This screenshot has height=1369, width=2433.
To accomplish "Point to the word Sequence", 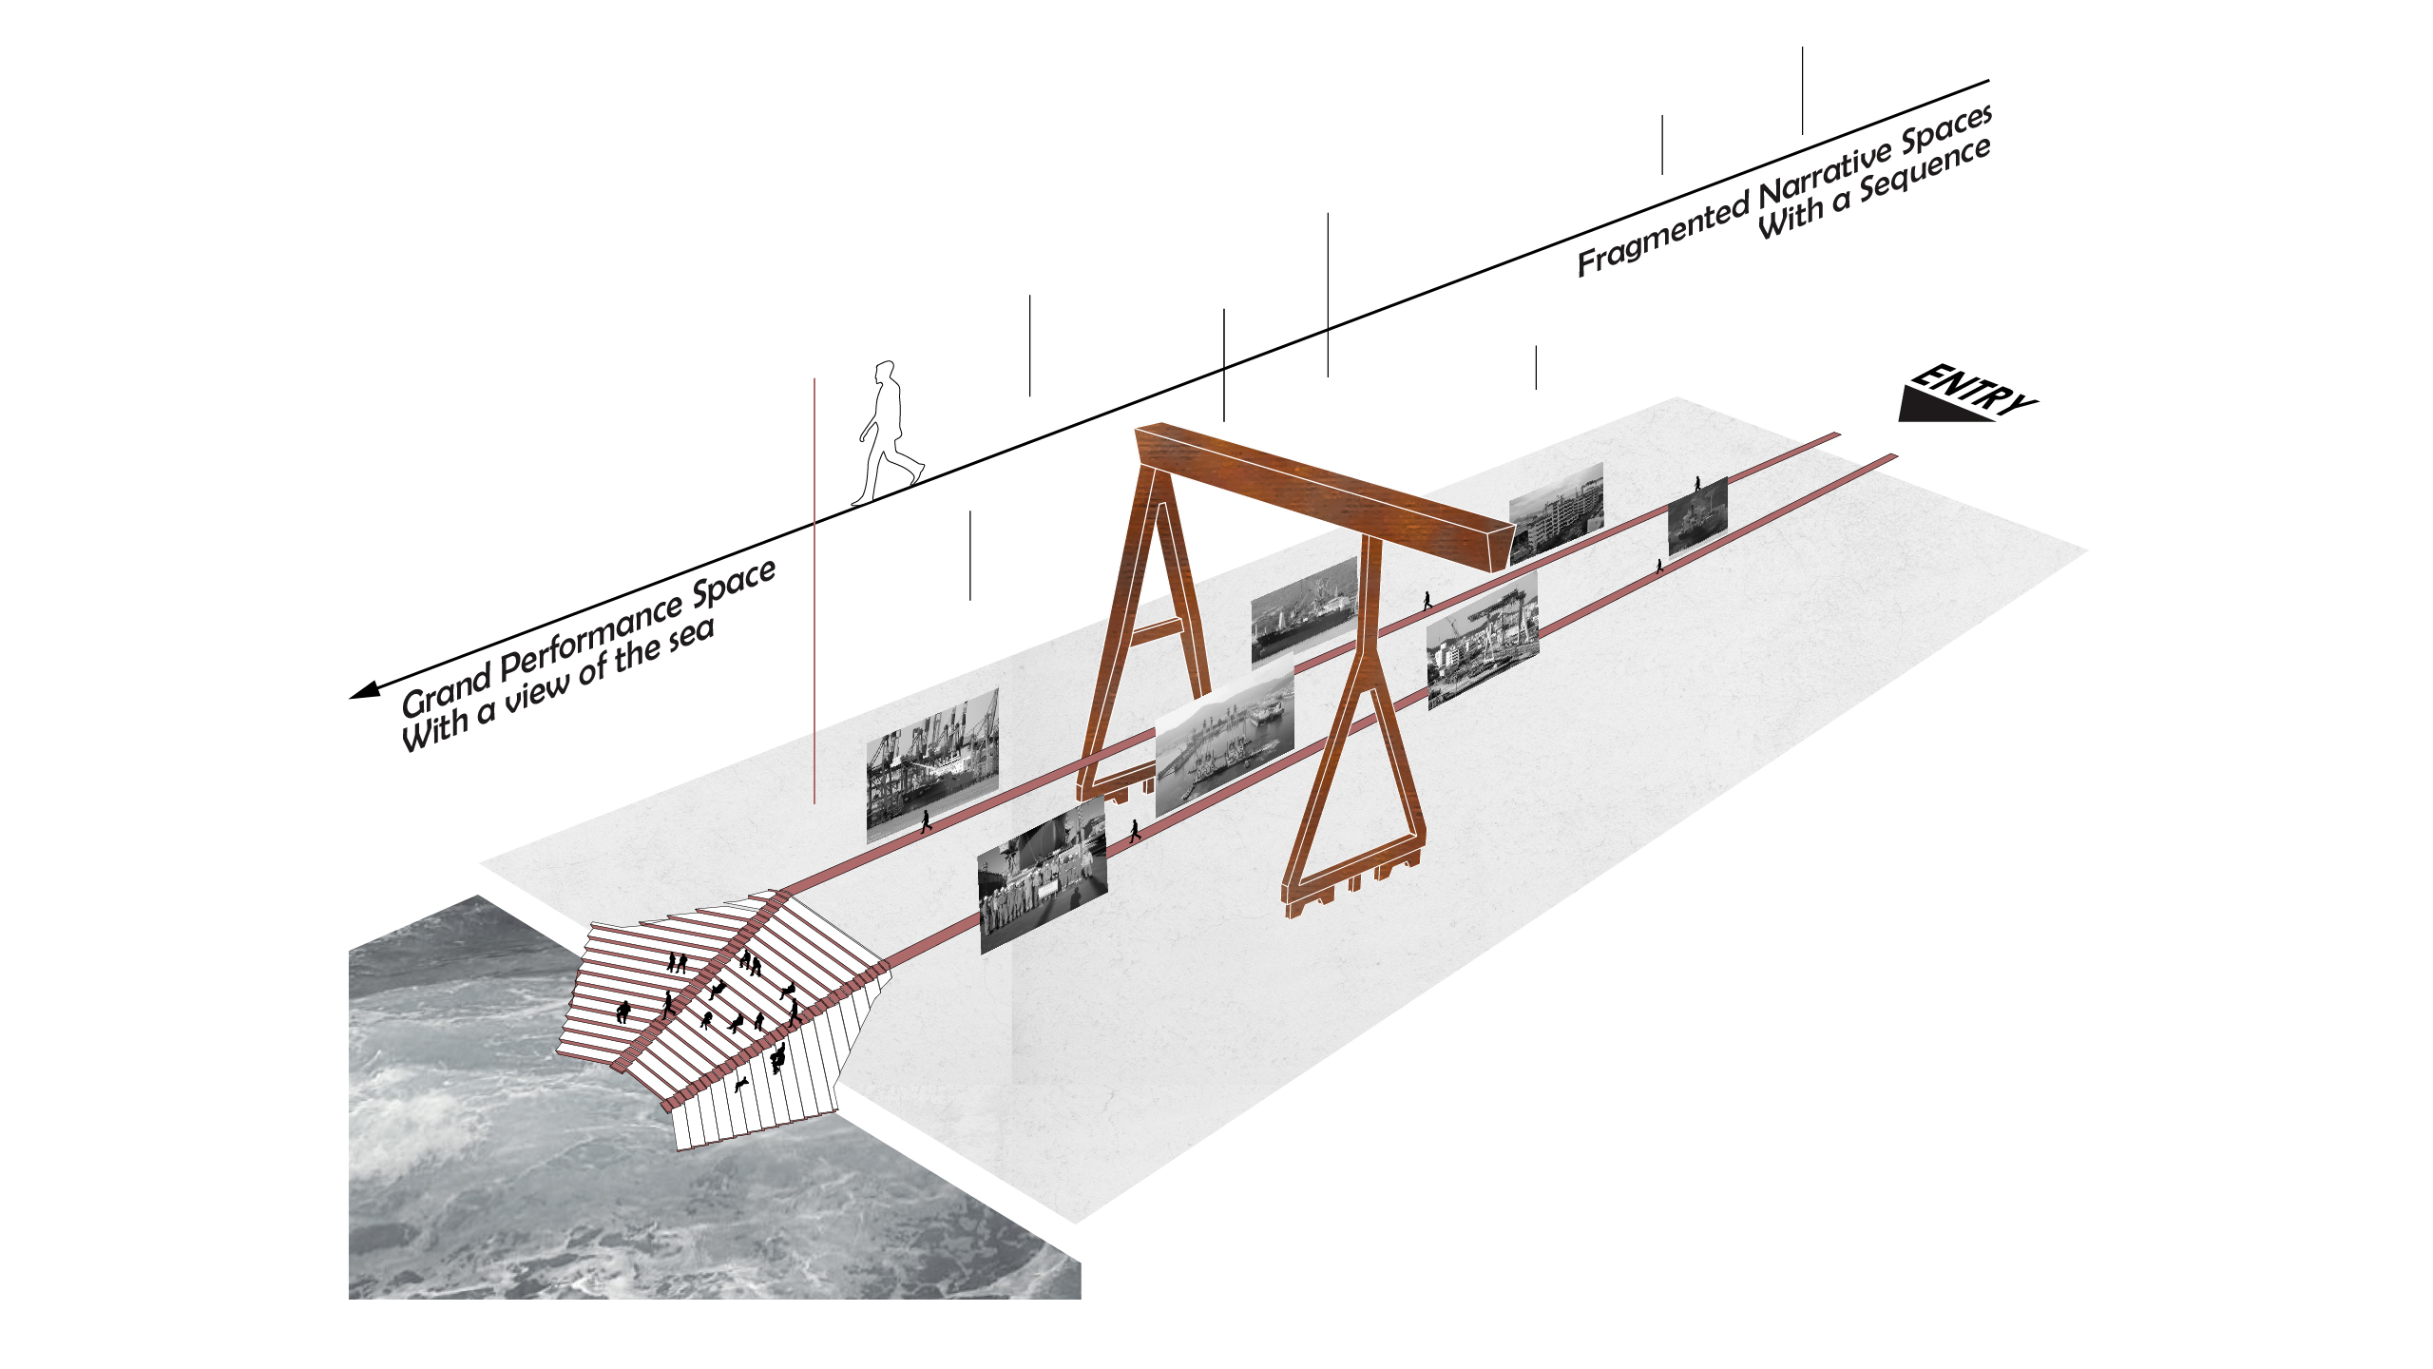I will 1925,171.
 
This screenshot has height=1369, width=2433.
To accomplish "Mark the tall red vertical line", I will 814,589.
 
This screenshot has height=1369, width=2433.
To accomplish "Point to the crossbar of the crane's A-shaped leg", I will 1154,630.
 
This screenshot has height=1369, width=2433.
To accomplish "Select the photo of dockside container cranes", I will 931,765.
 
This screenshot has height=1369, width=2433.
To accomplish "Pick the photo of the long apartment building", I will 1557,511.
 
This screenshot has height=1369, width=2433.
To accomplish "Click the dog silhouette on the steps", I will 742,1084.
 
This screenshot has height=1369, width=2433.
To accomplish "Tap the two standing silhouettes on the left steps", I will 677,962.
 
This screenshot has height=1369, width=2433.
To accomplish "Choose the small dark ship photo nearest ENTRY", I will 1697,516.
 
